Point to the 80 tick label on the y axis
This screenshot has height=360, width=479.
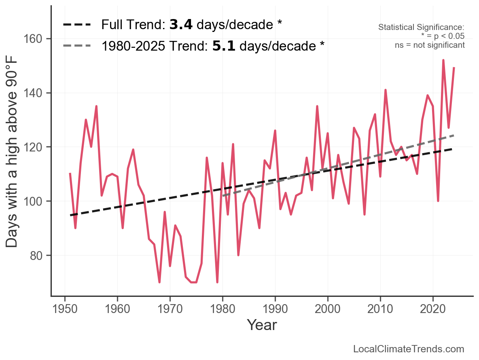click(36, 256)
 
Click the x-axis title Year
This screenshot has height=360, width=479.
click(262, 325)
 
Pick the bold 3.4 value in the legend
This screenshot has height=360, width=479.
click(180, 25)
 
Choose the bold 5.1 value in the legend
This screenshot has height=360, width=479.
click(224, 46)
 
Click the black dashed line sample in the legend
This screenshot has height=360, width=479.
click(77, 25)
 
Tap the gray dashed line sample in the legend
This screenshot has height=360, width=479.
click(77, 46)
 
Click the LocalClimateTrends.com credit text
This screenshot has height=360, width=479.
click(409, 349)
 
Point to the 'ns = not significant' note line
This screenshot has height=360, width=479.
click(430, 45)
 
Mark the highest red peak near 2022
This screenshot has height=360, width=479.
click(443, 60)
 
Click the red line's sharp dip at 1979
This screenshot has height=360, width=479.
click(217, 282)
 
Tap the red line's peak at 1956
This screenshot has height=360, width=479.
click(96, 107)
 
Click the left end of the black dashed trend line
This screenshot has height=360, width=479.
click(70, 215)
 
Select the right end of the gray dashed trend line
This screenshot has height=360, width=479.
click(454, 135)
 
